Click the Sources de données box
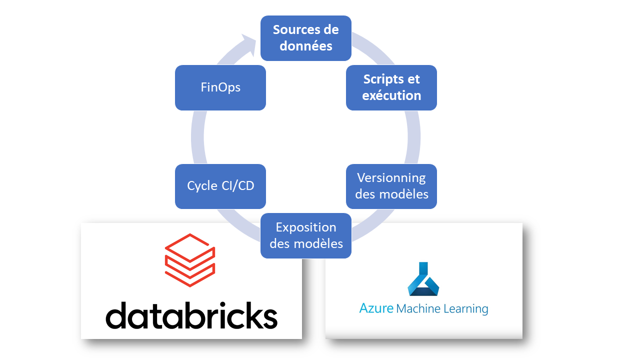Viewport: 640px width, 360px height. tap(305, 37)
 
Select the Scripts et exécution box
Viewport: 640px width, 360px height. tap(391, 87)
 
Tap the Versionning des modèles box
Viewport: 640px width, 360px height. tap(391, 186)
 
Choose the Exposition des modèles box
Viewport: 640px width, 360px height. tap(305, 235)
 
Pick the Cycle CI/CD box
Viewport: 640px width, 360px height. tap(220, 186)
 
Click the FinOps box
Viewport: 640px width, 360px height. tap(220, 87)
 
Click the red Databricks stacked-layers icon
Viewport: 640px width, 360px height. tap(190, 260)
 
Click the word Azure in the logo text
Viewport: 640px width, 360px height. tap(376, 308)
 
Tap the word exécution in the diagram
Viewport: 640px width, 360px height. tap(391, 95)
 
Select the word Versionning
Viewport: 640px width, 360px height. tap(391, 178)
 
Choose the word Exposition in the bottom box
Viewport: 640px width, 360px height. tap(306, 227)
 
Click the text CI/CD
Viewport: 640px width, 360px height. tap(238, 186)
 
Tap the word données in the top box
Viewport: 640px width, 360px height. tap(305, 46)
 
